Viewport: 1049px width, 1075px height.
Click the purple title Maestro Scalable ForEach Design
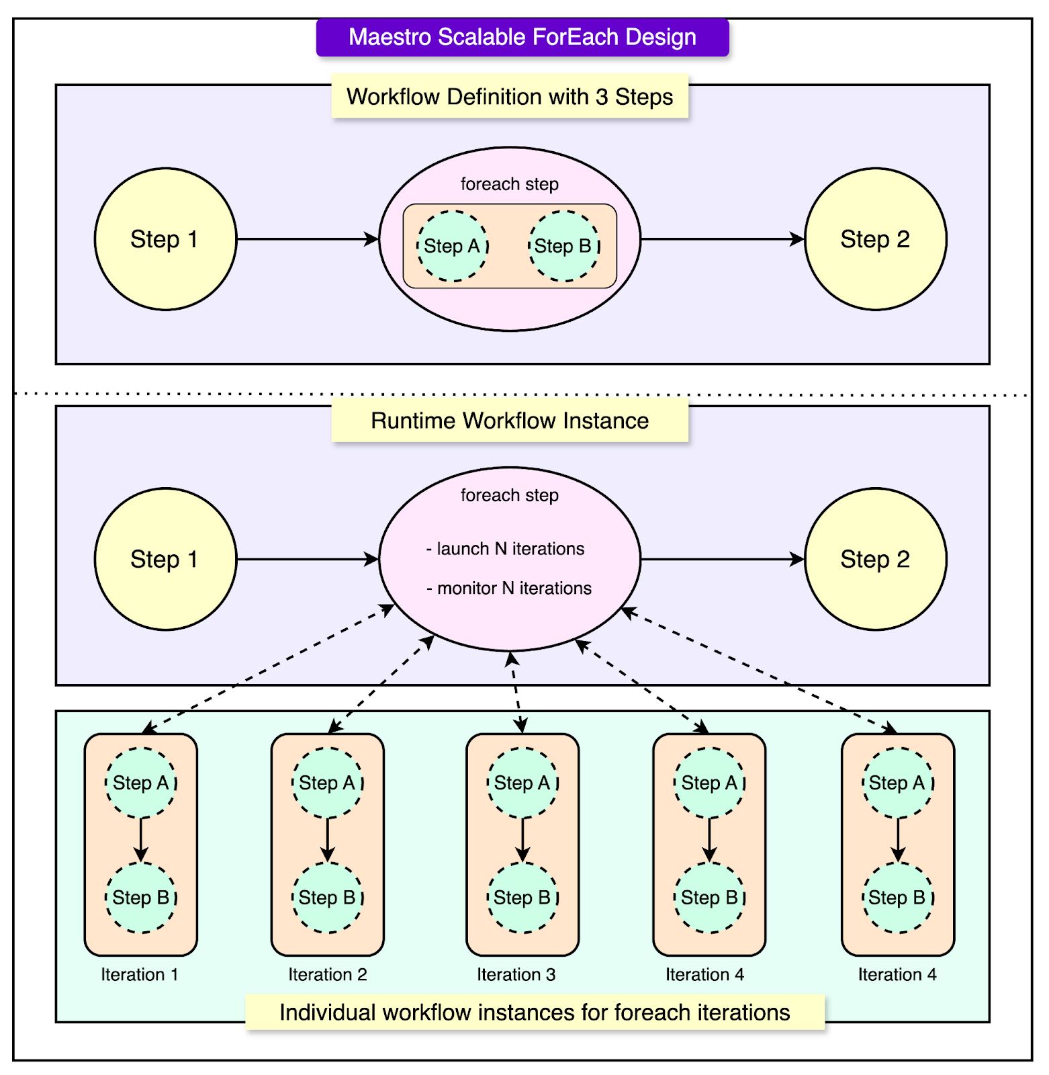(x=522, y=37)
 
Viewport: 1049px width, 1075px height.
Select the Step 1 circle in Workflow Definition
(x=165, y=239)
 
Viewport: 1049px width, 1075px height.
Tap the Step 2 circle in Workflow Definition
(x=875, y=239)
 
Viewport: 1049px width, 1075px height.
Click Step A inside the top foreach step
(x=452, y=246)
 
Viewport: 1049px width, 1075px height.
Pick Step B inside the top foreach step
(x=563, y=246)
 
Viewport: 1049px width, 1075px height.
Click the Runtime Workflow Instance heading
(x=510, y=421)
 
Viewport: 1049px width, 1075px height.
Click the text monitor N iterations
(x=509, y=589)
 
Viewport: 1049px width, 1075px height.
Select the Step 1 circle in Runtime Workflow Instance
(x=165, y=559)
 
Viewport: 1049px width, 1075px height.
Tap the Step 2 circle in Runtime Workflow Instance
(x=875, y=559)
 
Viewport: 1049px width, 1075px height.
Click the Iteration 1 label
(x=140, y=975)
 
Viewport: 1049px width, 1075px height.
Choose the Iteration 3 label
(x=516, y=975)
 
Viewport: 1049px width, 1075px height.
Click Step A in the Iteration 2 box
(x=327, y=783)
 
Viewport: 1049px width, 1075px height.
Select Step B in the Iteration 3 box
(x=522, y=898)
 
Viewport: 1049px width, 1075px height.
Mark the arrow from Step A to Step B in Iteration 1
(x=140, y=840)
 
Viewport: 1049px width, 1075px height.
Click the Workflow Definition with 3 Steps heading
(x=510, y=97)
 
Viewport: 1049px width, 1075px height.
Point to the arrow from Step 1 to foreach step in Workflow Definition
(x=308, y=239)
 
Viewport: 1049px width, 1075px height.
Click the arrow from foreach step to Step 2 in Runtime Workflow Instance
(x=722, y=559)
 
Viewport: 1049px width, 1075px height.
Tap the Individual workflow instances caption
(x=535, y=1013)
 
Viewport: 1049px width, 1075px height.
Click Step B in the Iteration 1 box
(x=140, y=898)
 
